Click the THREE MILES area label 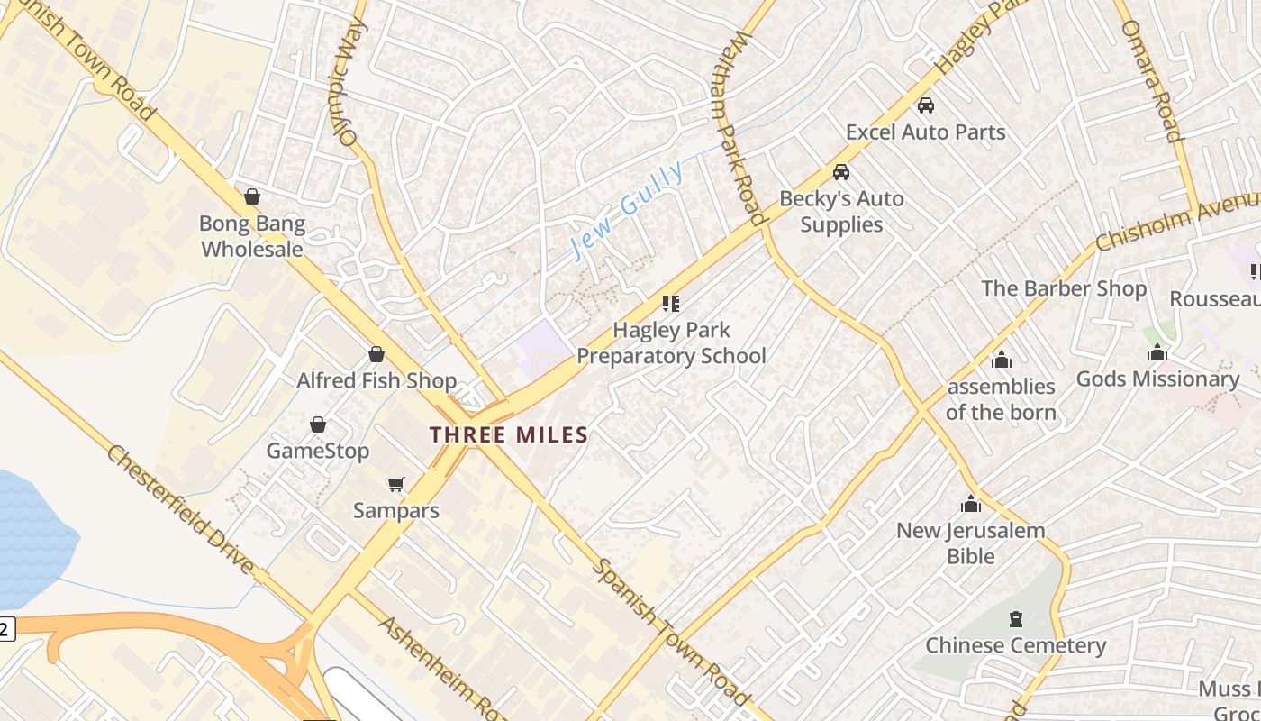[x=509, y=435]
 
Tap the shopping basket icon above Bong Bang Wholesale [x=252, y=196]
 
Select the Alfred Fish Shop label [x=376, y=380]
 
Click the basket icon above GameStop [x=318, y=424]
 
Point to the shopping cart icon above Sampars [x=395, y=485]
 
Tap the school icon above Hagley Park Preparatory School [x=671, y=303]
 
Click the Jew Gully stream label [x=627, y=210]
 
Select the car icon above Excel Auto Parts [x=926, y=105]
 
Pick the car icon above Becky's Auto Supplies [x=841, y=171]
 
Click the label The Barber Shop [x=1064, y=288]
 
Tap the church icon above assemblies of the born [x=1001, y=360]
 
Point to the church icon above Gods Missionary [x=1157, y=352]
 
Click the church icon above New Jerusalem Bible [x=970, y=504]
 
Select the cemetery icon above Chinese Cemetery [x=1016, y=619]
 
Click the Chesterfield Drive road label [x=181, y=508]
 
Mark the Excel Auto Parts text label [x=926, y=132]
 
